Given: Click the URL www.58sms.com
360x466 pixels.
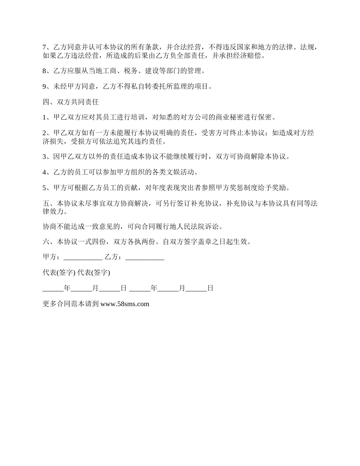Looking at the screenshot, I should [125, 303].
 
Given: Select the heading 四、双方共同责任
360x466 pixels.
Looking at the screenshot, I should [71, 102].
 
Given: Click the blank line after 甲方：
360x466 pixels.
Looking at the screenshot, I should [83, 257].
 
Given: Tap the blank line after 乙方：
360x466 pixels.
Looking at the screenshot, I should [144, 257].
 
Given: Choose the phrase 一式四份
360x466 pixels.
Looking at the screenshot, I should [92, 242].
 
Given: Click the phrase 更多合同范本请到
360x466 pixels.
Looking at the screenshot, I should [71, 303].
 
